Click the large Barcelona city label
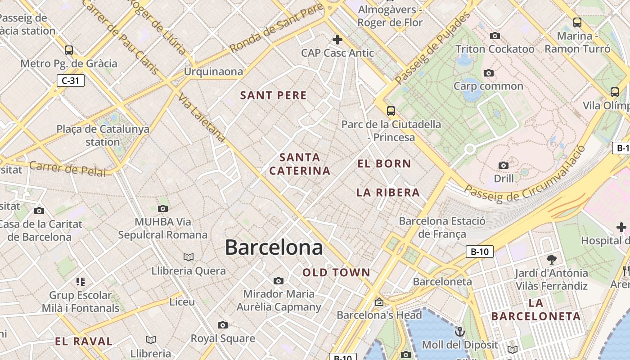(x=274, y=247)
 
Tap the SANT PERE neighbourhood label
(x=273, y=95)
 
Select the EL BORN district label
(x=384, y=163)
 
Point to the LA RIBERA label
(x=388, y=193)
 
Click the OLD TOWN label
(x=336, y=272)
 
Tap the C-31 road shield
(x=71, y=81)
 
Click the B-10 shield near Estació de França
(x=479, y=252)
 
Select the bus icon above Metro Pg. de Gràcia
(x=68, y=50)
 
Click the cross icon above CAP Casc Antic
(x=337, y=40)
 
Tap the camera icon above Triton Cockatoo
(x=495, y=36)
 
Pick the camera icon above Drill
(x=504, y=165)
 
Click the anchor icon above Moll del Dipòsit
(x=459, y=332)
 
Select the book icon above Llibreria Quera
(x=188, y=257)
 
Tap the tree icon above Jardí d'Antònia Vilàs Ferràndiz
(x=551, y=259)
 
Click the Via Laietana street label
(x=201, y=118)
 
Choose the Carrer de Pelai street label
(x=67, y=169)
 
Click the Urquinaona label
(x=213, y=72)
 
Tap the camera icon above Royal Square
(x=222, y=325)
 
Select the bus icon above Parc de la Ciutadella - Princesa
(x=391, y=111)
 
